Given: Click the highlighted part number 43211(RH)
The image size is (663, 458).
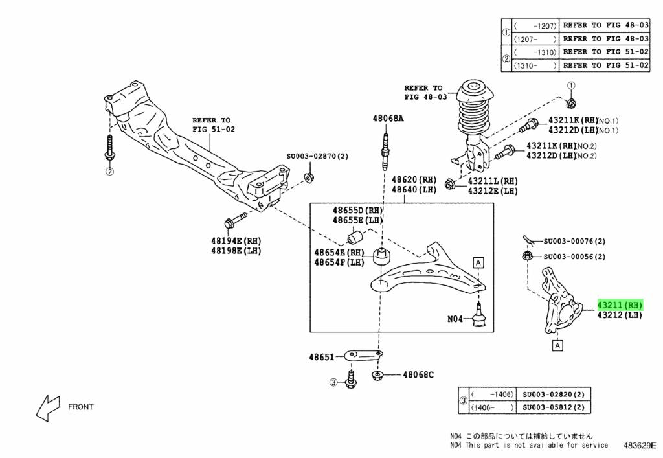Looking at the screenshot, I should [620, 304].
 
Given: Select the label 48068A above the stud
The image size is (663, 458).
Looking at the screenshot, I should [388, 119].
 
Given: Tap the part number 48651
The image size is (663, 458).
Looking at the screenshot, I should [322, 357].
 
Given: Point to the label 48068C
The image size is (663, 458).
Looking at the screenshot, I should [418, 374].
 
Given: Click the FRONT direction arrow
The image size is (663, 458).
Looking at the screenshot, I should [47, 406].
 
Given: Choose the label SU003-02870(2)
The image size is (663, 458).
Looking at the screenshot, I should [317, 157].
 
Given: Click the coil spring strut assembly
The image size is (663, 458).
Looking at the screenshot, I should [476, 123].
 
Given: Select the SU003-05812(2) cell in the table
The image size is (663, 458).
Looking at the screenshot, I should [554, 407].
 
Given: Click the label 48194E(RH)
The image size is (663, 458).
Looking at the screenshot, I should [236, 240].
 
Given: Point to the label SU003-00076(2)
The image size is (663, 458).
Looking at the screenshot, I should [574, 242].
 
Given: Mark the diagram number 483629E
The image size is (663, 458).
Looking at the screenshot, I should [640, 446].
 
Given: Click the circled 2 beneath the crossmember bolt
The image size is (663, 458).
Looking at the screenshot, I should [109, 171].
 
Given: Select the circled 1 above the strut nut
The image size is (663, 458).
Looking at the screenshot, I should [570, 86].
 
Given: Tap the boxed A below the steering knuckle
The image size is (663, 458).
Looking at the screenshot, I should [557, 345].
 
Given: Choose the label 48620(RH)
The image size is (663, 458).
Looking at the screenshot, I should [414, 179].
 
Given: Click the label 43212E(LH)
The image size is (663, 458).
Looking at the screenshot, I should [491, 192].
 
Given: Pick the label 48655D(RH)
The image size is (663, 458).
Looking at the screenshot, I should [358, 211].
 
